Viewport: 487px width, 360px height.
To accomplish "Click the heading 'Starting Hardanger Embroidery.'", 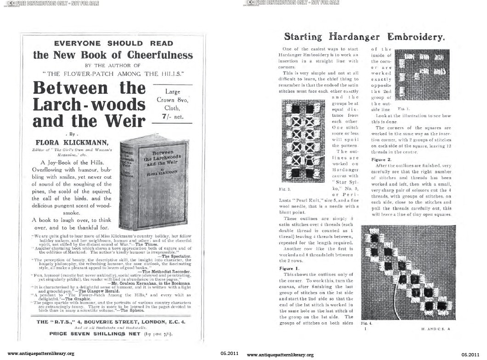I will pos(363,36).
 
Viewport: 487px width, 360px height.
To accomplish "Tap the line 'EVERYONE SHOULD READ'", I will pos(113,44).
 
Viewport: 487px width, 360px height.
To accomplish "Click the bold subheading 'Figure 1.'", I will pos(290,268).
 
